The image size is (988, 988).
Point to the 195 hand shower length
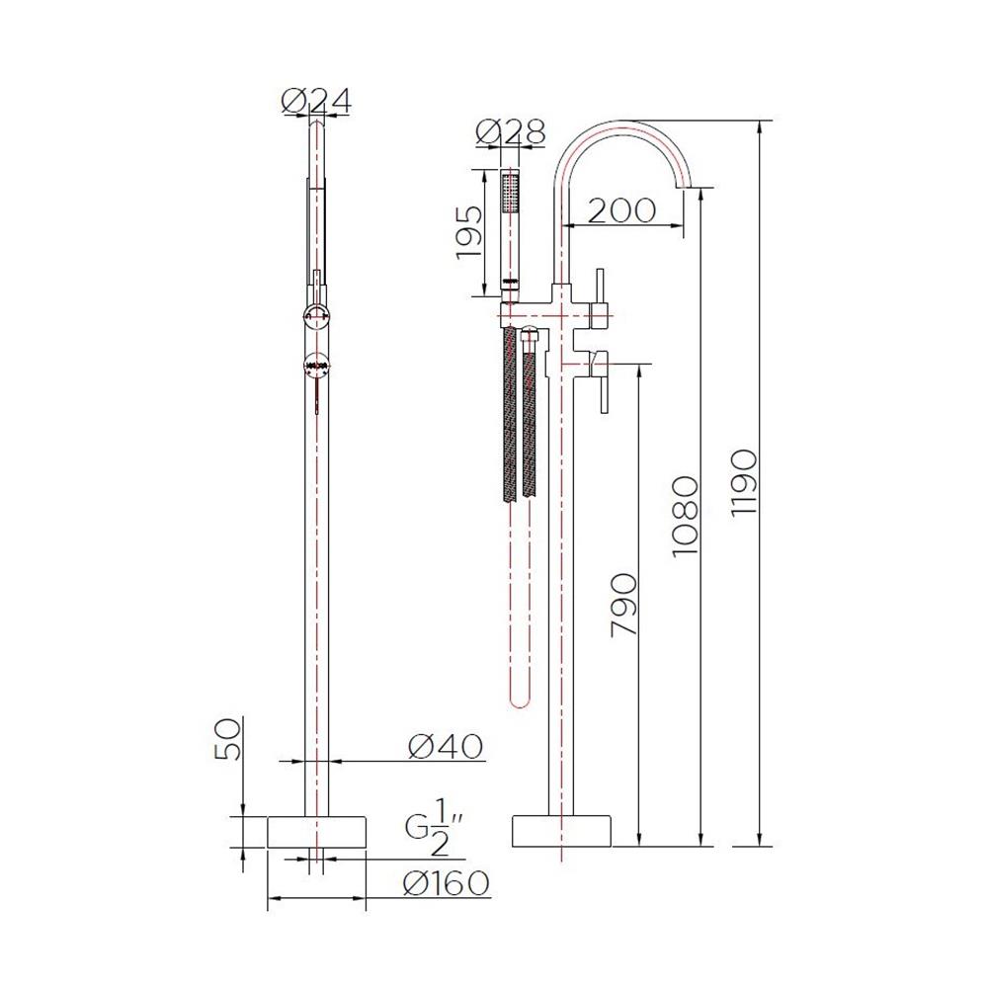point(469,233)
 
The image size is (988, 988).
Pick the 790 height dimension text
point(623,604)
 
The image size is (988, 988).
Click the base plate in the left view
point(316,831)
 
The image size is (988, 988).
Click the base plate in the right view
point(560,831)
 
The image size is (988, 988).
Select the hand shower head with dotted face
point(510,192)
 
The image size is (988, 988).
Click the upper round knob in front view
point(316,316)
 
